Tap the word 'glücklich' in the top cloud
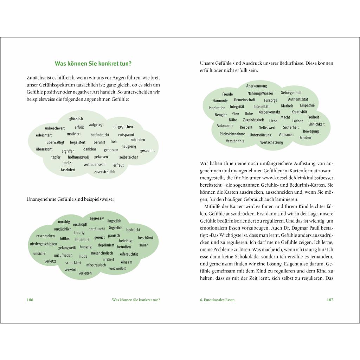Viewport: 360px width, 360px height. pos(76,119)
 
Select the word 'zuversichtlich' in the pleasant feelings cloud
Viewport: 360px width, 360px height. pos(104,172)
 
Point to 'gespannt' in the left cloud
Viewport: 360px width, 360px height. pos(147,151)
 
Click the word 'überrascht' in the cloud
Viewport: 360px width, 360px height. pos(44,149)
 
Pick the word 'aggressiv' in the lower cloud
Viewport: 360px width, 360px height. pos(97,218)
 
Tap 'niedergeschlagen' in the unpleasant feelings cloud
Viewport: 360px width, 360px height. pos(44,244)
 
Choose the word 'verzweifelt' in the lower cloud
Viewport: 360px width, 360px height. pos(117,269)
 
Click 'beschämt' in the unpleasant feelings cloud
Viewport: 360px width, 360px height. pos(145,238)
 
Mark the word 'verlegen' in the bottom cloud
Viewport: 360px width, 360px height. pos(85,273)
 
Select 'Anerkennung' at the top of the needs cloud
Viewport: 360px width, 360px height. pos(256,86)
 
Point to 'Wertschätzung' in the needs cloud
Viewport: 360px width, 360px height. pos(271,142)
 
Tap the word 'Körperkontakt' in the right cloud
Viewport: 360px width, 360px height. pos(269,112)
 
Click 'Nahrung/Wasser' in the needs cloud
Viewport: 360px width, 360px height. pos(260,94)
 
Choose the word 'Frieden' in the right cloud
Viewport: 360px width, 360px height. pos(305,138)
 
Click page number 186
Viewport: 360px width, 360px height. pos(30,300)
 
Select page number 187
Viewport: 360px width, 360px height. pos(329,300)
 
